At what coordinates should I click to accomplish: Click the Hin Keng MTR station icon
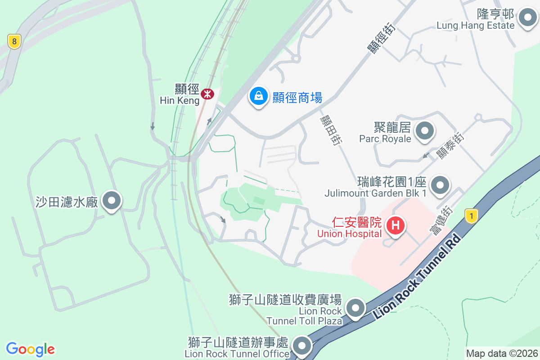(x=207, y=94)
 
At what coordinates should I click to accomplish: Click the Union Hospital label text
(x=349, y=234)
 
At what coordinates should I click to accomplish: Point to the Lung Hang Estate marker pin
(x=526, y=19)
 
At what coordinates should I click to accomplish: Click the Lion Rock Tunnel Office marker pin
(x=301, y=346)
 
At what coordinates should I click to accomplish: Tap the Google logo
(x=31, y=349)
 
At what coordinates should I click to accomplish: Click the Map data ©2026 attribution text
(x=501, y=353)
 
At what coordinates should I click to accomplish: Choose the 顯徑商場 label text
(x=297, y=97)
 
